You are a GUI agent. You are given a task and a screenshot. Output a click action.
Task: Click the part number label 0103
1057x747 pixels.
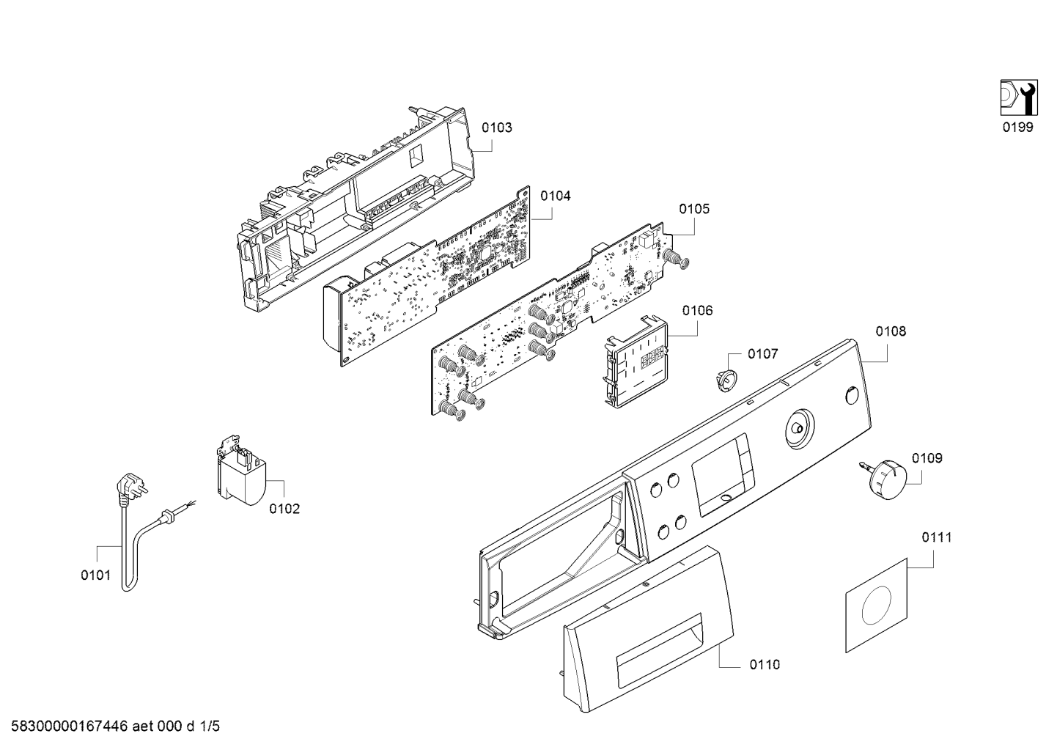point(496,128)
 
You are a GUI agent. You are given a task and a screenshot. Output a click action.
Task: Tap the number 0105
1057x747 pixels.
point(694,209)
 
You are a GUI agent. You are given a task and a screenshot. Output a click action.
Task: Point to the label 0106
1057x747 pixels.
point(697,311)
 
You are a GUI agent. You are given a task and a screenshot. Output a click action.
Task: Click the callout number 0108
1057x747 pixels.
point(891,331)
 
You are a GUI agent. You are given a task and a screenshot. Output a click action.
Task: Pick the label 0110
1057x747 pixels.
point(765,664)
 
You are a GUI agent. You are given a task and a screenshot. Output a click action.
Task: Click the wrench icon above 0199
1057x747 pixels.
point(1019,97)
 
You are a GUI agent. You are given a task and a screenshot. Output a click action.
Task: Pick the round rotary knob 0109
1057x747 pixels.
point(885,479)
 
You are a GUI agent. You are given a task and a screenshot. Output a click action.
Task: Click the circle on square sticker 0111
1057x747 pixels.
point(876,606)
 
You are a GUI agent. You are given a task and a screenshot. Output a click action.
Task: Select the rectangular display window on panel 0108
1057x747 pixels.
point(723,475)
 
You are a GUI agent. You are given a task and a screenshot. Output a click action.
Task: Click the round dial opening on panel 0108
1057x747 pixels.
point(800,429)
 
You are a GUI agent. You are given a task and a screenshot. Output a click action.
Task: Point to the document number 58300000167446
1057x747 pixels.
point(70,726)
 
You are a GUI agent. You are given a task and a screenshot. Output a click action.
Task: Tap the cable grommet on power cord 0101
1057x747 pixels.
point(166,516)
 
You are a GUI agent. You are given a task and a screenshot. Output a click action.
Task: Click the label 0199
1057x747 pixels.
point(1018,127)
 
